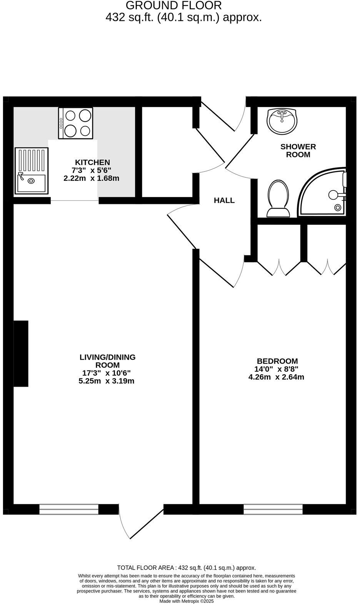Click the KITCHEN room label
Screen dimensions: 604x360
tap(92, 162)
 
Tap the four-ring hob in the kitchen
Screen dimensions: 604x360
tap(76, 123)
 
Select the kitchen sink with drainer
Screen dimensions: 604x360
tap(31, 171)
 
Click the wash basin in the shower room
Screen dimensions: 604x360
tap(282, 121)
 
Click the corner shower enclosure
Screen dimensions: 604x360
tap(325, 192)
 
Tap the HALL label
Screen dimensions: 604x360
tap(224, 200)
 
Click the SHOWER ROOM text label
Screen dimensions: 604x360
tap(298, 150)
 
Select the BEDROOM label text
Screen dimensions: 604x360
tap(277, 361)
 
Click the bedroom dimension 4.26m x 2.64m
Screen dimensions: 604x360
tap(276, 377)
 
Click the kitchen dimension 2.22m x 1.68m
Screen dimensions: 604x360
tap(92, 179)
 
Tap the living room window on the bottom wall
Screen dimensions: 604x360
tap(69, 509)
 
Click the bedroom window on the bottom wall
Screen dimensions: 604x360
tap(273, 509)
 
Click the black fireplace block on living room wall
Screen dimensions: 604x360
tap(21, 353)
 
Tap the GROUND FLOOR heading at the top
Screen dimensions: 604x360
tap(173, 5)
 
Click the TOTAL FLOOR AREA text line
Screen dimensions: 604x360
tap(187, 567)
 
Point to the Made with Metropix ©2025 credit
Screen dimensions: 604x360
tap(187, 601)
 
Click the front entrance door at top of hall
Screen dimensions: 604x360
tap(223, 115)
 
